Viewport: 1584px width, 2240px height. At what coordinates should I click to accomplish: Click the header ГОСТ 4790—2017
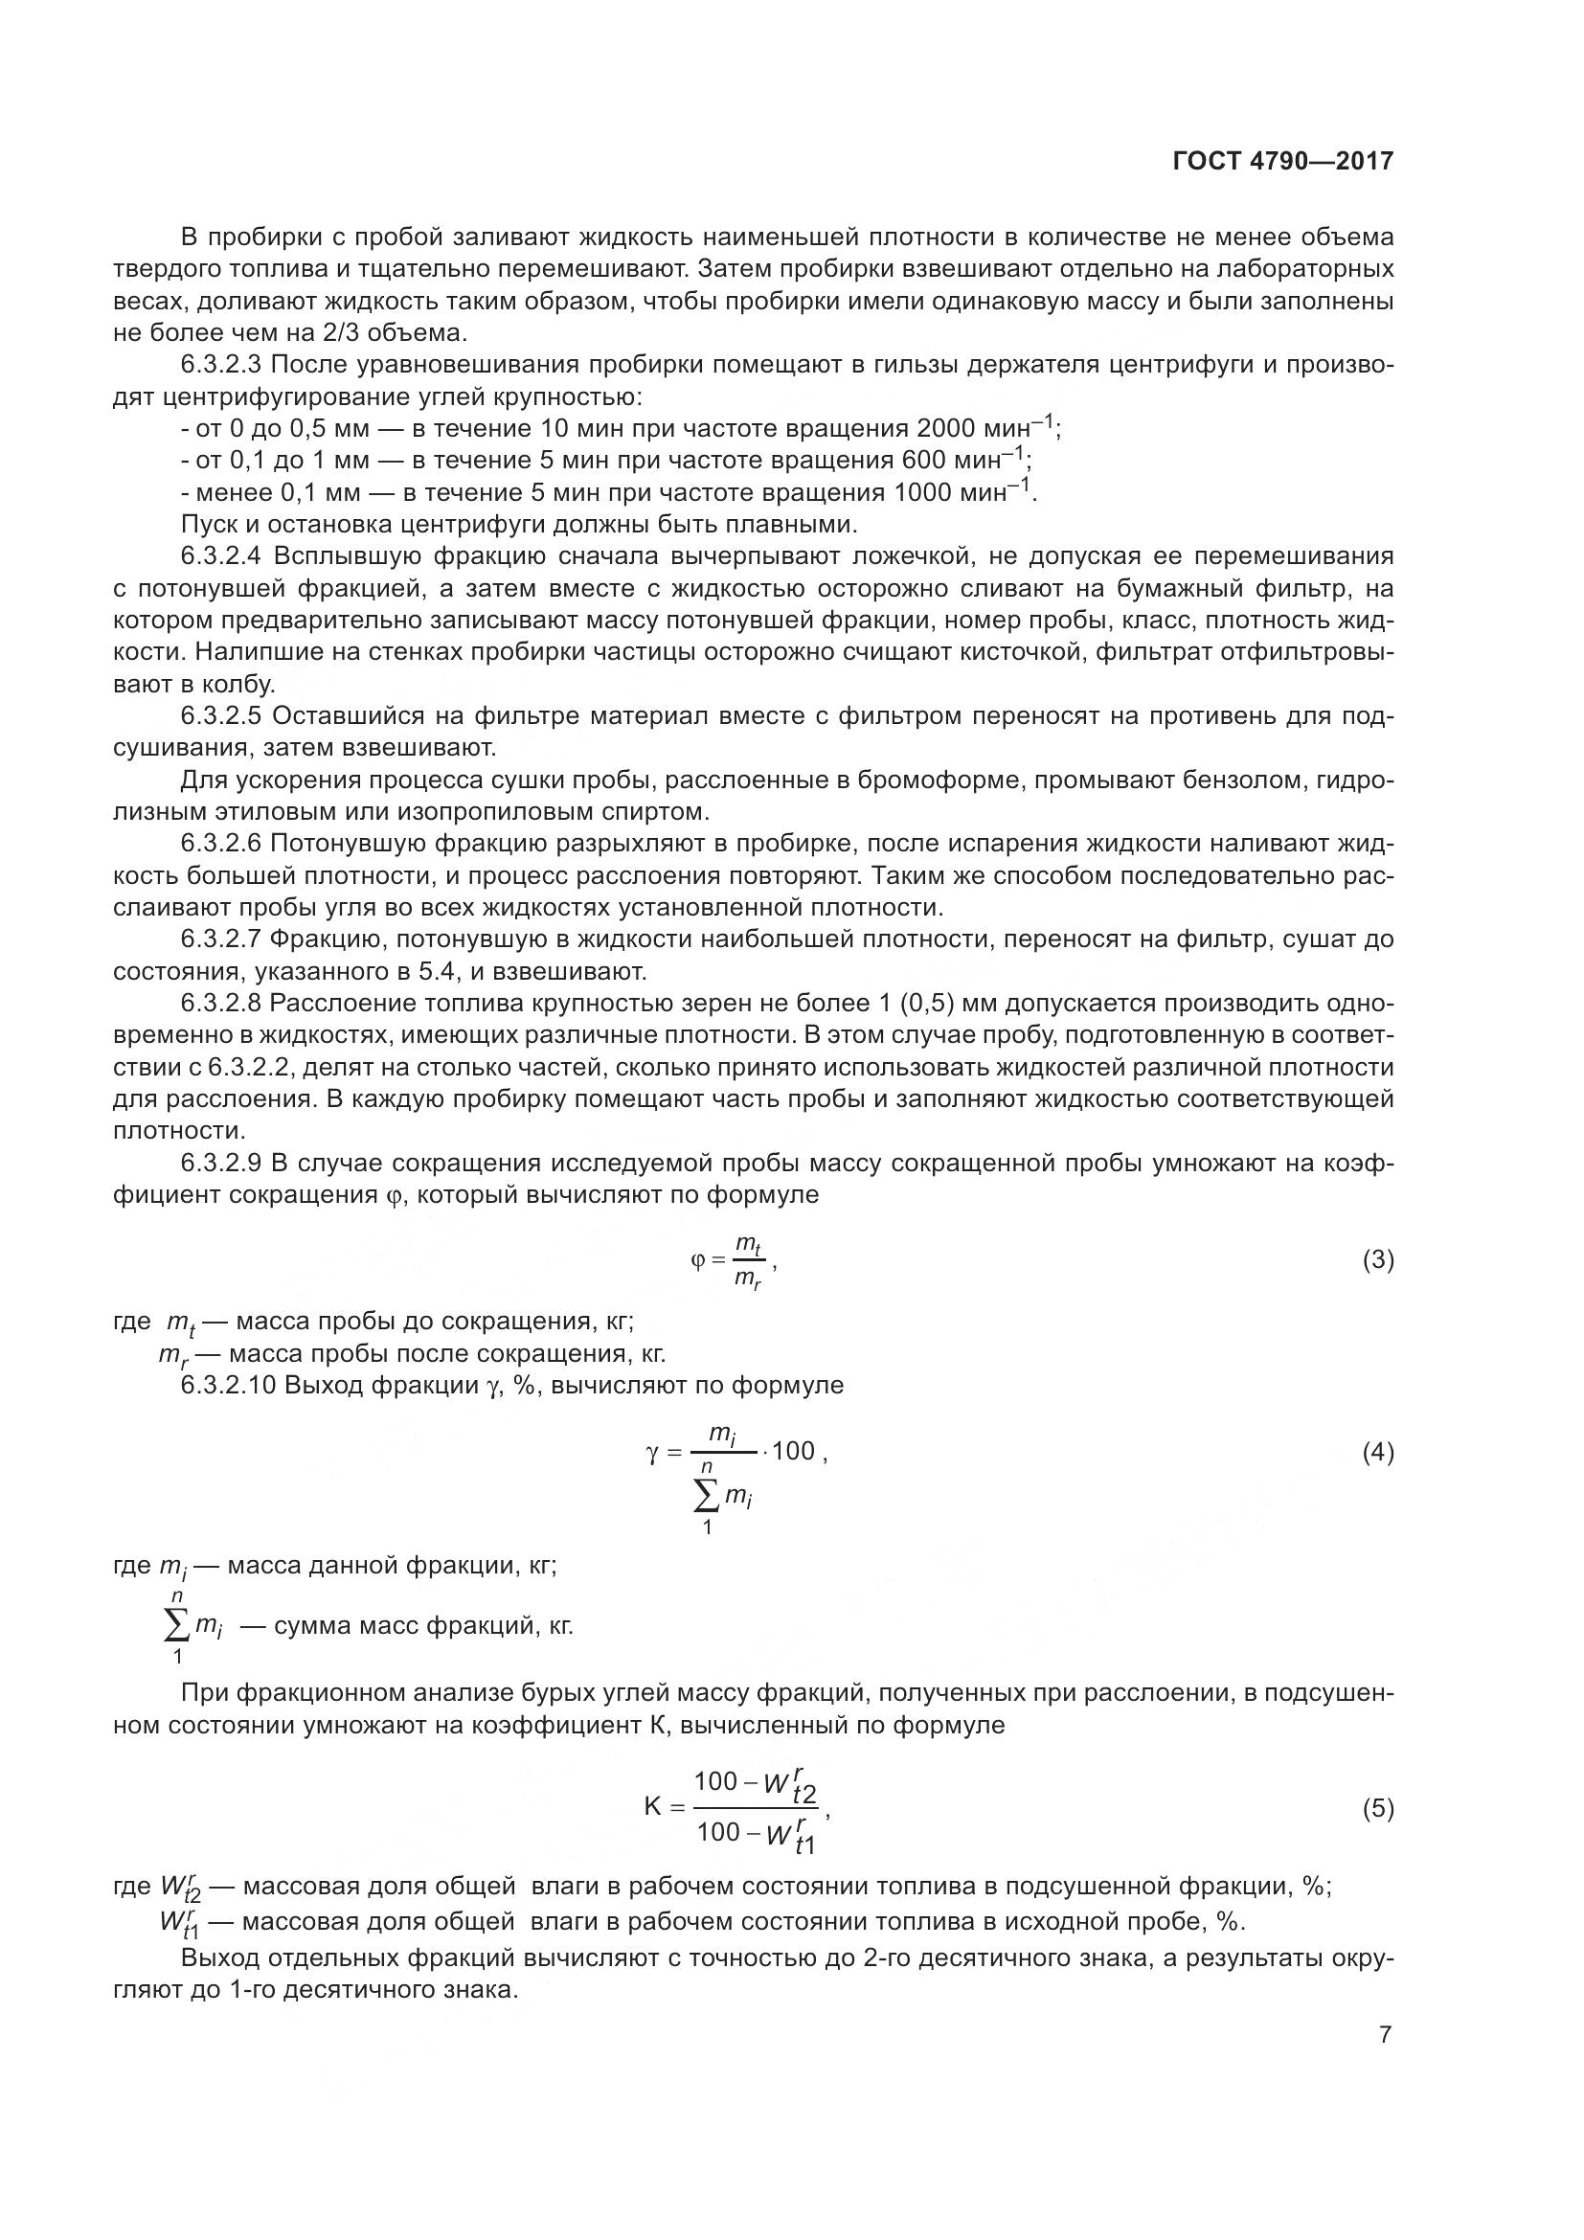tap(1282, 162)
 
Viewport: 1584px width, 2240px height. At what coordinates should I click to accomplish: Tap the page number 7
tap(1385, 2034)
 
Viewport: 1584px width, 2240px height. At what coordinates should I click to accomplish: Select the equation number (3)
tap(1377, 1260)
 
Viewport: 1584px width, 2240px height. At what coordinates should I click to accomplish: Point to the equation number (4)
tap(1377, 1453)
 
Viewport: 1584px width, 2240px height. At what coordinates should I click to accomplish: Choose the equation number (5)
tap(1377, 1809)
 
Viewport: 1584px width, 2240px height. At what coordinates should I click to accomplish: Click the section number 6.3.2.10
tap(229, 1386)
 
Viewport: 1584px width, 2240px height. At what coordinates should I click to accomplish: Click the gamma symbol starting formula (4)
tap(652, 1453)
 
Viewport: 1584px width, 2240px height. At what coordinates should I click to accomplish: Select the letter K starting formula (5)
tap(652, 1807)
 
